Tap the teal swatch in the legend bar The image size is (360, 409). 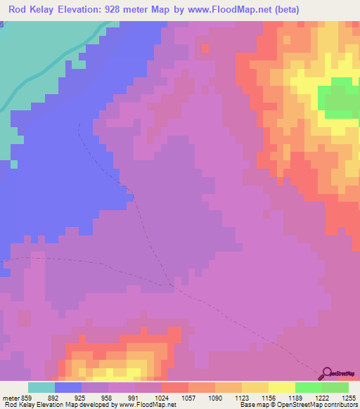pyautogui.click(x=41, y=387)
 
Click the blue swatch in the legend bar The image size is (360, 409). pyautogui.click(x=67, y=387)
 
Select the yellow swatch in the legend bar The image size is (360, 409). pyautogui.click(x=281, y=387)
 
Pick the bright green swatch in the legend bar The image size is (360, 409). pyautogui.click(x=308, y=387)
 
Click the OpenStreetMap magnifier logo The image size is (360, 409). pyautogui.click(x=327, y=373)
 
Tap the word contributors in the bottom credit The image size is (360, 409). pyautogui.click(x=340, y=404)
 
